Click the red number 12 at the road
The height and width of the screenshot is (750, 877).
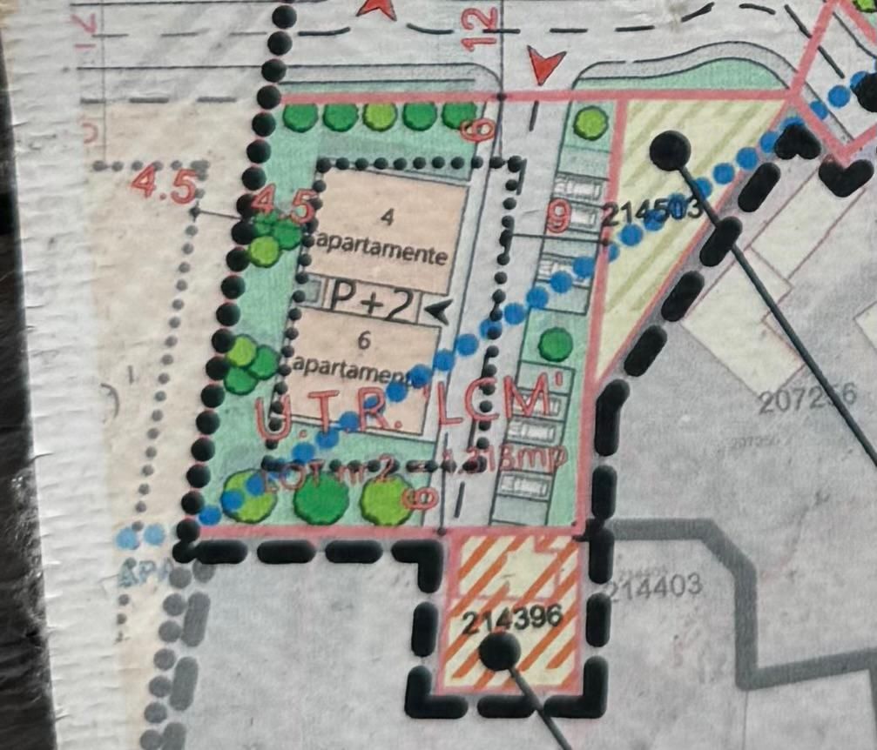[484, 28]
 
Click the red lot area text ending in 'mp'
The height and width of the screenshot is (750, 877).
[418, 462]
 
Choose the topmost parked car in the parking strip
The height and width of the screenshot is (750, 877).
[579, 186]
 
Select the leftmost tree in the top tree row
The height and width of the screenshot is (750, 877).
[299, 116]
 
